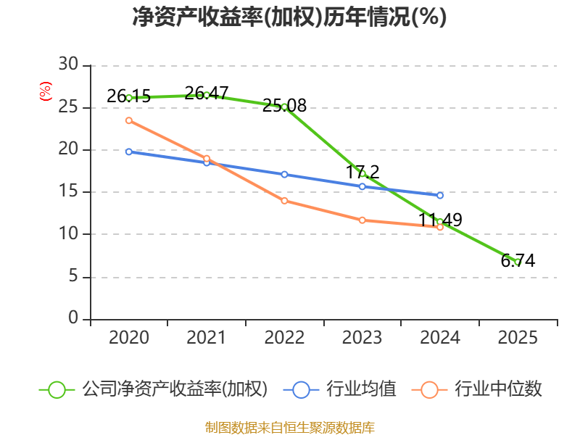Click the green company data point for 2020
129,97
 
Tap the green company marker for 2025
518,262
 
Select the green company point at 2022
284,107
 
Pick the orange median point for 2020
129,120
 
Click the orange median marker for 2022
284,201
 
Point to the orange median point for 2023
362,220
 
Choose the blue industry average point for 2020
129,152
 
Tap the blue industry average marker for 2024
440,195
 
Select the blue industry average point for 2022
284,174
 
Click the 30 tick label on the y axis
68,65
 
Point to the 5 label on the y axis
73,277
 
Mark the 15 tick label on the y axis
68,192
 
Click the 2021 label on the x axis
207,338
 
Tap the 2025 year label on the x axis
518,338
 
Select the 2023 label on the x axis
362,338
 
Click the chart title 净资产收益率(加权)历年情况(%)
289,17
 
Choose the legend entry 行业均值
345,389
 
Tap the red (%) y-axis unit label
45,91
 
